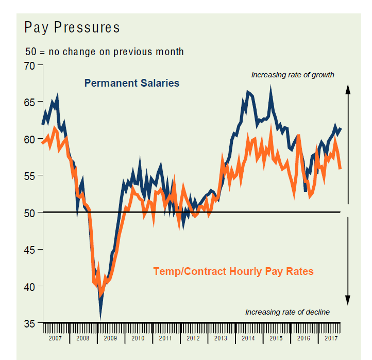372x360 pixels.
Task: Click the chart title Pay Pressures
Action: click(x=72, y=27)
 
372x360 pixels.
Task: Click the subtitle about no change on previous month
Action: click(x=105, y=52)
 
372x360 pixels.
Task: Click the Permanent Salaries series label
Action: click(x=132, y=83)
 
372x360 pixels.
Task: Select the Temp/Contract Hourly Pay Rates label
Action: click(x=233, y=271)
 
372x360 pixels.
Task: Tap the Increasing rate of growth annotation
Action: click(x=293, y=75)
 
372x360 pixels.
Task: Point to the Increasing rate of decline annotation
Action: click(x=287, y=312)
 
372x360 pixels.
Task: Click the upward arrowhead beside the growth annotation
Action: click(x=348, y=89)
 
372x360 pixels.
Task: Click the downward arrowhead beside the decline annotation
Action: click(x=348, y=300)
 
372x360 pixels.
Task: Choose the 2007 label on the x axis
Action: click(x=55, y=339)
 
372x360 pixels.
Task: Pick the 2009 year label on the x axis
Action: click(x=110, y=339)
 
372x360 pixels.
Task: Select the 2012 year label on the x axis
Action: click(x=193, y=339)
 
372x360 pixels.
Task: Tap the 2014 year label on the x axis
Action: click(x=248, y=339)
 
